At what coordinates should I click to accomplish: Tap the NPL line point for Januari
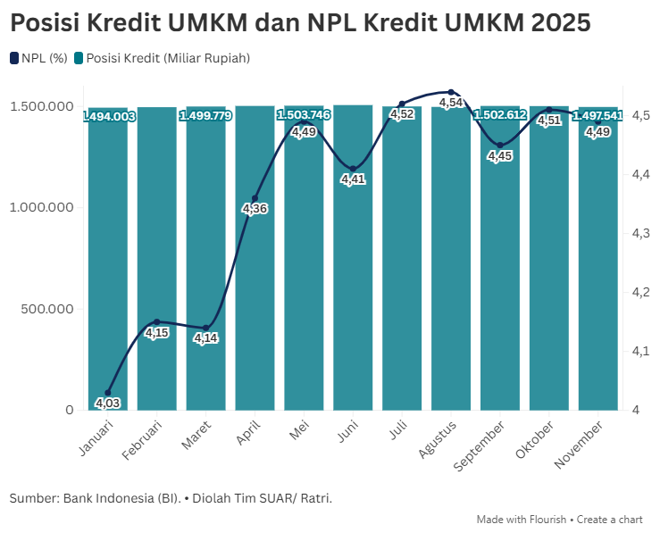[x=108, y=393]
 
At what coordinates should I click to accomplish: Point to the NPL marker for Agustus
[x=451, y=92]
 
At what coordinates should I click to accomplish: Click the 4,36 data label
[x=255, y=209]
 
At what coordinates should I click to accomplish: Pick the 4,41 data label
[x=353, y=179]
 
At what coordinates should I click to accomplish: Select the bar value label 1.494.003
[x=109, y=116]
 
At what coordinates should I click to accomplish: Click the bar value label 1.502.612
[x=500, y=115]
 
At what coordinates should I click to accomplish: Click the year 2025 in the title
[x=559, y=22]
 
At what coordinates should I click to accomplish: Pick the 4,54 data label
[x=451, y=104]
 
